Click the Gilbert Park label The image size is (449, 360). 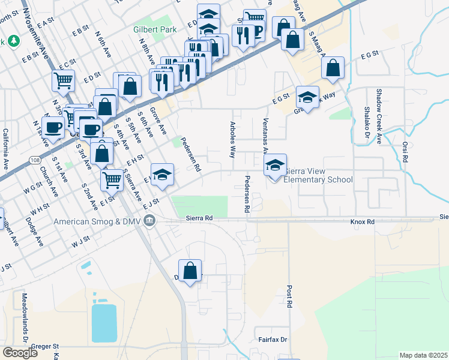coord(155,28)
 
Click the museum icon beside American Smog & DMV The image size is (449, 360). coord(150,221)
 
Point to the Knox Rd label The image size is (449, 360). coord(362,222)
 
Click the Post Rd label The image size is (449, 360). coord(289,296)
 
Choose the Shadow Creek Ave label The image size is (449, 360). coord(379,116)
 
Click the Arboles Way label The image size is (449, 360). coord(232,140)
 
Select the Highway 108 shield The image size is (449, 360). coord(37,161)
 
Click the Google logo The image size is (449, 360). coord(20,353)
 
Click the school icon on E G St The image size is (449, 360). coord(307,98)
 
